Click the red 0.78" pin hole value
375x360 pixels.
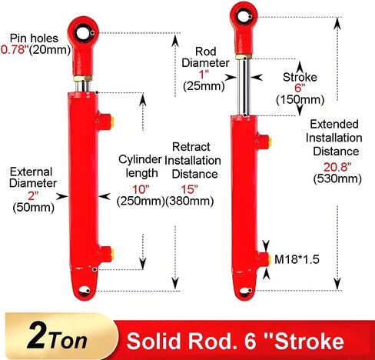coord(14,49)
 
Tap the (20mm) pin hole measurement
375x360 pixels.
coord(50,50)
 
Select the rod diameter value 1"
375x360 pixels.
coord(204,75)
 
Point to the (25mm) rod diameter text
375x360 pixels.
coord(204,86)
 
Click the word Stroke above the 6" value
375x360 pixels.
coord(300,77)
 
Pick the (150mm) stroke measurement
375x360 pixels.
coord(300,99)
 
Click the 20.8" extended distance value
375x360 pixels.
coord(337,167)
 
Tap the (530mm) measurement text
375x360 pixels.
coord(337,178)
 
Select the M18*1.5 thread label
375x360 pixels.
coord(297,259)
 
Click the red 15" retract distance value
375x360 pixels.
coord(190,189)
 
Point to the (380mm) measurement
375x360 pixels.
coord(190,201)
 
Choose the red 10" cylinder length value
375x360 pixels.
coord(141,189)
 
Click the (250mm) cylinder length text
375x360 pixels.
coord(141,201)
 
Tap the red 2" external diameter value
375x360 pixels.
coord(33,196)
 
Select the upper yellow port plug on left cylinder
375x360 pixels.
coord(112,122)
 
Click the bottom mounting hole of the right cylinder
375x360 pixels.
coord(245,291)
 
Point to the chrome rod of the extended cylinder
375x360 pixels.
coord(243,87)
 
